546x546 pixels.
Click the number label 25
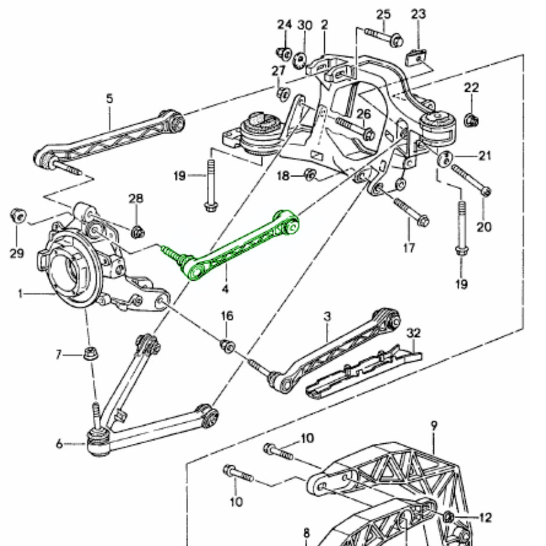tap(383, 14)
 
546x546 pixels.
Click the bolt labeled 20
tap(470, 180)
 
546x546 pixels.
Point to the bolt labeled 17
tap(411, 213)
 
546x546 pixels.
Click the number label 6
tap(59, 444)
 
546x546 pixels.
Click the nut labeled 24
tap(284, 53)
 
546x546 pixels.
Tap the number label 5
tap(110, 99)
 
